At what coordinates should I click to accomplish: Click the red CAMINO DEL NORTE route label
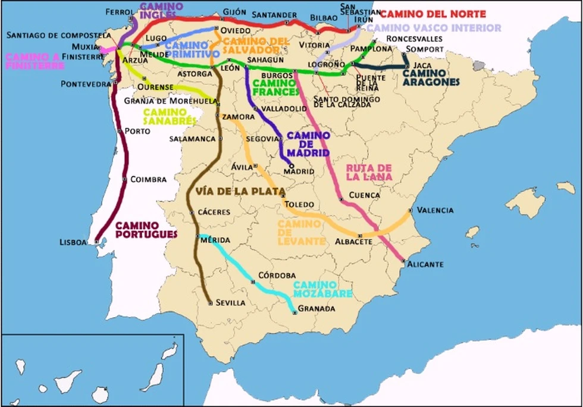(432, 14)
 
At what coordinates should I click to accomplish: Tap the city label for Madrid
(299, 171)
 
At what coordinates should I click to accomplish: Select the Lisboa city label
(73, 242)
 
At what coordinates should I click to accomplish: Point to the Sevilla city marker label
(230, 303)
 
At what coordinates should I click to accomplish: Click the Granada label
(316, 309)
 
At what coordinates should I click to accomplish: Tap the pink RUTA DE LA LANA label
(369, 172)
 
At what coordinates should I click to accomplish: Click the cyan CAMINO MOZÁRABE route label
(322, 289)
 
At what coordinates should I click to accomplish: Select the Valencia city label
(435, 210)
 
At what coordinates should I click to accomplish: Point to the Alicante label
(425, 264)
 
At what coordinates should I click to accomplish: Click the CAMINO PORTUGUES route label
(146, 230)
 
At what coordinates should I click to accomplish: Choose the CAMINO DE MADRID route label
(308, 144)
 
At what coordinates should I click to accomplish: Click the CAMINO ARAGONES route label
(431, 77)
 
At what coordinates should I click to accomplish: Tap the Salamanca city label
(192, 139)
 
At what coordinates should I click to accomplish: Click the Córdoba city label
(277, 275)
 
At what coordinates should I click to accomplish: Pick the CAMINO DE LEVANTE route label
(302, 232)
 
